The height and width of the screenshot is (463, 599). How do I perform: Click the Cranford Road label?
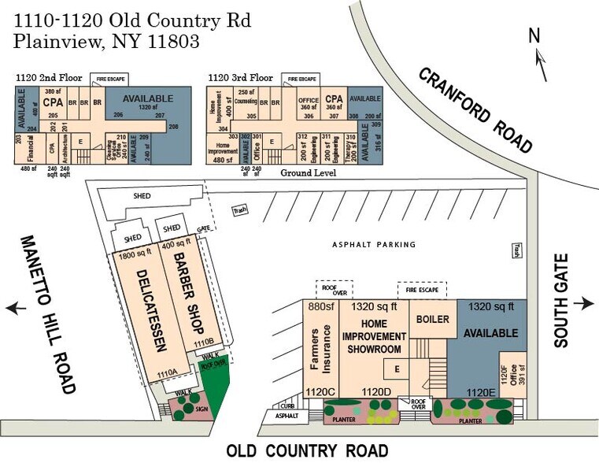[x=475, y=109]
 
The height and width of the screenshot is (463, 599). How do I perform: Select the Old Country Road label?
[x=307, y=451]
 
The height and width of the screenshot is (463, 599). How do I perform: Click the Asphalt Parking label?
[x=374, y=245]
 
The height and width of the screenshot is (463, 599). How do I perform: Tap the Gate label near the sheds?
[x=203, y=229]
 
